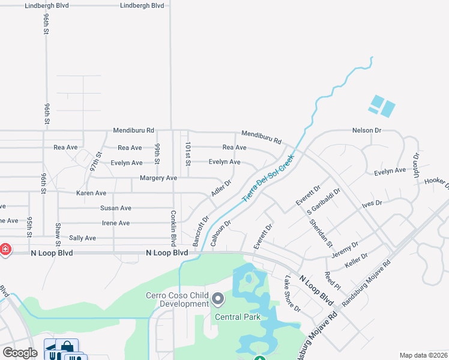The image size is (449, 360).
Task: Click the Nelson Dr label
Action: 367,130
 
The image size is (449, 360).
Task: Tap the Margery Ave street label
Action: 158,178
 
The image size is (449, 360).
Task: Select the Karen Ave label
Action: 91,193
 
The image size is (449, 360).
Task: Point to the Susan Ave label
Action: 116,208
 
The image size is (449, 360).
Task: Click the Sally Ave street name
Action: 83,238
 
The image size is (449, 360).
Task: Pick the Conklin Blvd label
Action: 173,229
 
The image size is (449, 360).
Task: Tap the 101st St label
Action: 188,154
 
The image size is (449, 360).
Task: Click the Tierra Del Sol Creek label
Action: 268,178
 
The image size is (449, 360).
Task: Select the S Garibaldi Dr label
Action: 324,202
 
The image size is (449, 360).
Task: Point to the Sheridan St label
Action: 321,232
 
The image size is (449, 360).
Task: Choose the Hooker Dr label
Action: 436,181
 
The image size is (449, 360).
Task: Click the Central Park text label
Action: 239,317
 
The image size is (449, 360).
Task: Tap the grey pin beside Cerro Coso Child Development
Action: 218,298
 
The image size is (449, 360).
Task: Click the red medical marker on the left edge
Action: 4,249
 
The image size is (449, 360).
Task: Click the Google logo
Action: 20,353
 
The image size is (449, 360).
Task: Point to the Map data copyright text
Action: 423,355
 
